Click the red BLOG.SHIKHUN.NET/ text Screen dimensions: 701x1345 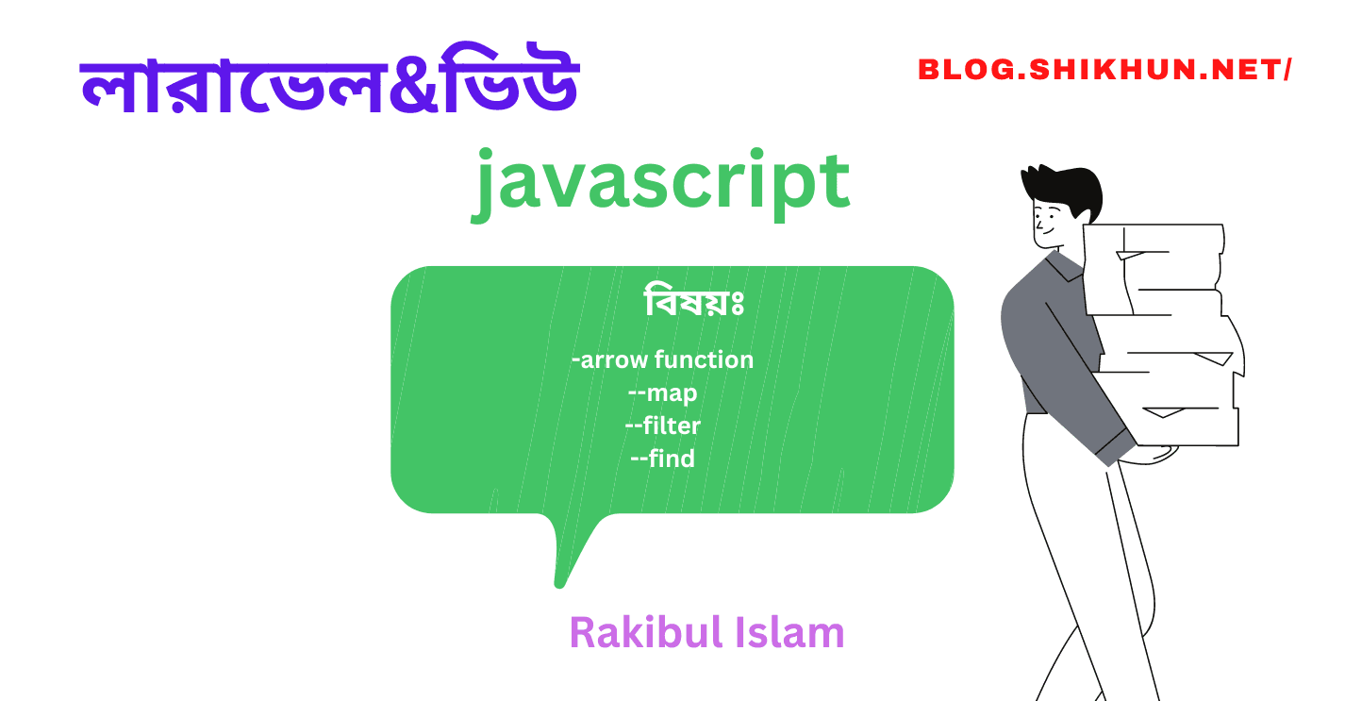(1104, 69)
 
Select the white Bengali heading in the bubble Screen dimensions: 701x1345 (695, 303)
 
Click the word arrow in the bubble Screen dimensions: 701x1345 (614, 359)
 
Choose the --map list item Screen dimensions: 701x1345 (662, 392)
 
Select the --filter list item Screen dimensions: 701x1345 (662, 426)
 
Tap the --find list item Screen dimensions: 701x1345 (662, 459)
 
